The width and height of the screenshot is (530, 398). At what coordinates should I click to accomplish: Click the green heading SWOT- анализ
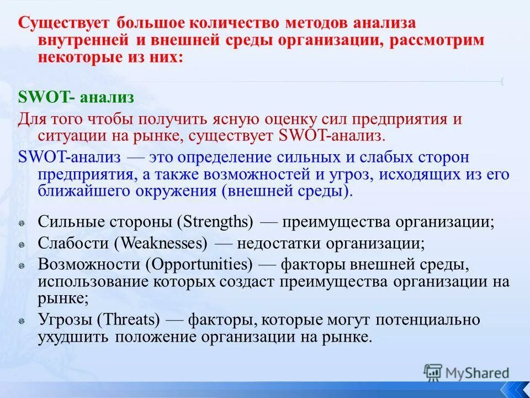point(76,97)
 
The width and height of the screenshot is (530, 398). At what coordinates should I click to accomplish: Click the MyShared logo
point(467,373)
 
